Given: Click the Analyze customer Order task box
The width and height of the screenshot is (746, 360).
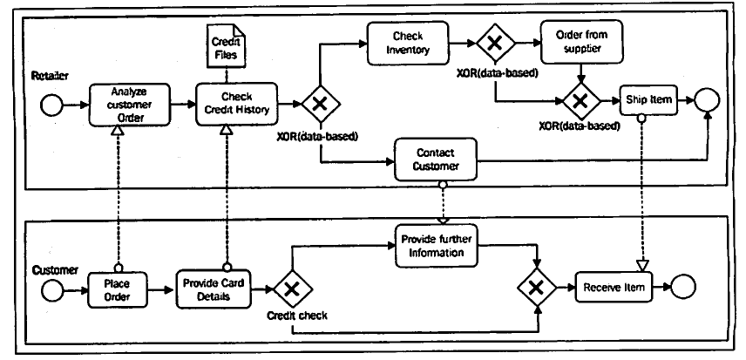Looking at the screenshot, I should tap(127, 104).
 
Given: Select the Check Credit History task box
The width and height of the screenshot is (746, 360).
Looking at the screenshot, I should tap(236, 104).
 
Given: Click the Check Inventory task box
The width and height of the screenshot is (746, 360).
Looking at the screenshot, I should tap(408, 41).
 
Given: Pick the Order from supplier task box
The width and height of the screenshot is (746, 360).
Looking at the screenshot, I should tap(580, 41).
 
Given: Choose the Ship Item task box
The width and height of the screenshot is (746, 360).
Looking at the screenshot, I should tap(648, 101).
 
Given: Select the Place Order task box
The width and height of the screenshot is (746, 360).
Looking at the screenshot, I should tap(119, 288).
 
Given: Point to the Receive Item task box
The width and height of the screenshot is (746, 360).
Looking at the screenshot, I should tap(614, 288).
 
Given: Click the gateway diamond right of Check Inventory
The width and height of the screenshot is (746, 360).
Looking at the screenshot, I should tap(494, 42).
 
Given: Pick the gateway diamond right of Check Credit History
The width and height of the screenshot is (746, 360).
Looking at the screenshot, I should tap(320, 105).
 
